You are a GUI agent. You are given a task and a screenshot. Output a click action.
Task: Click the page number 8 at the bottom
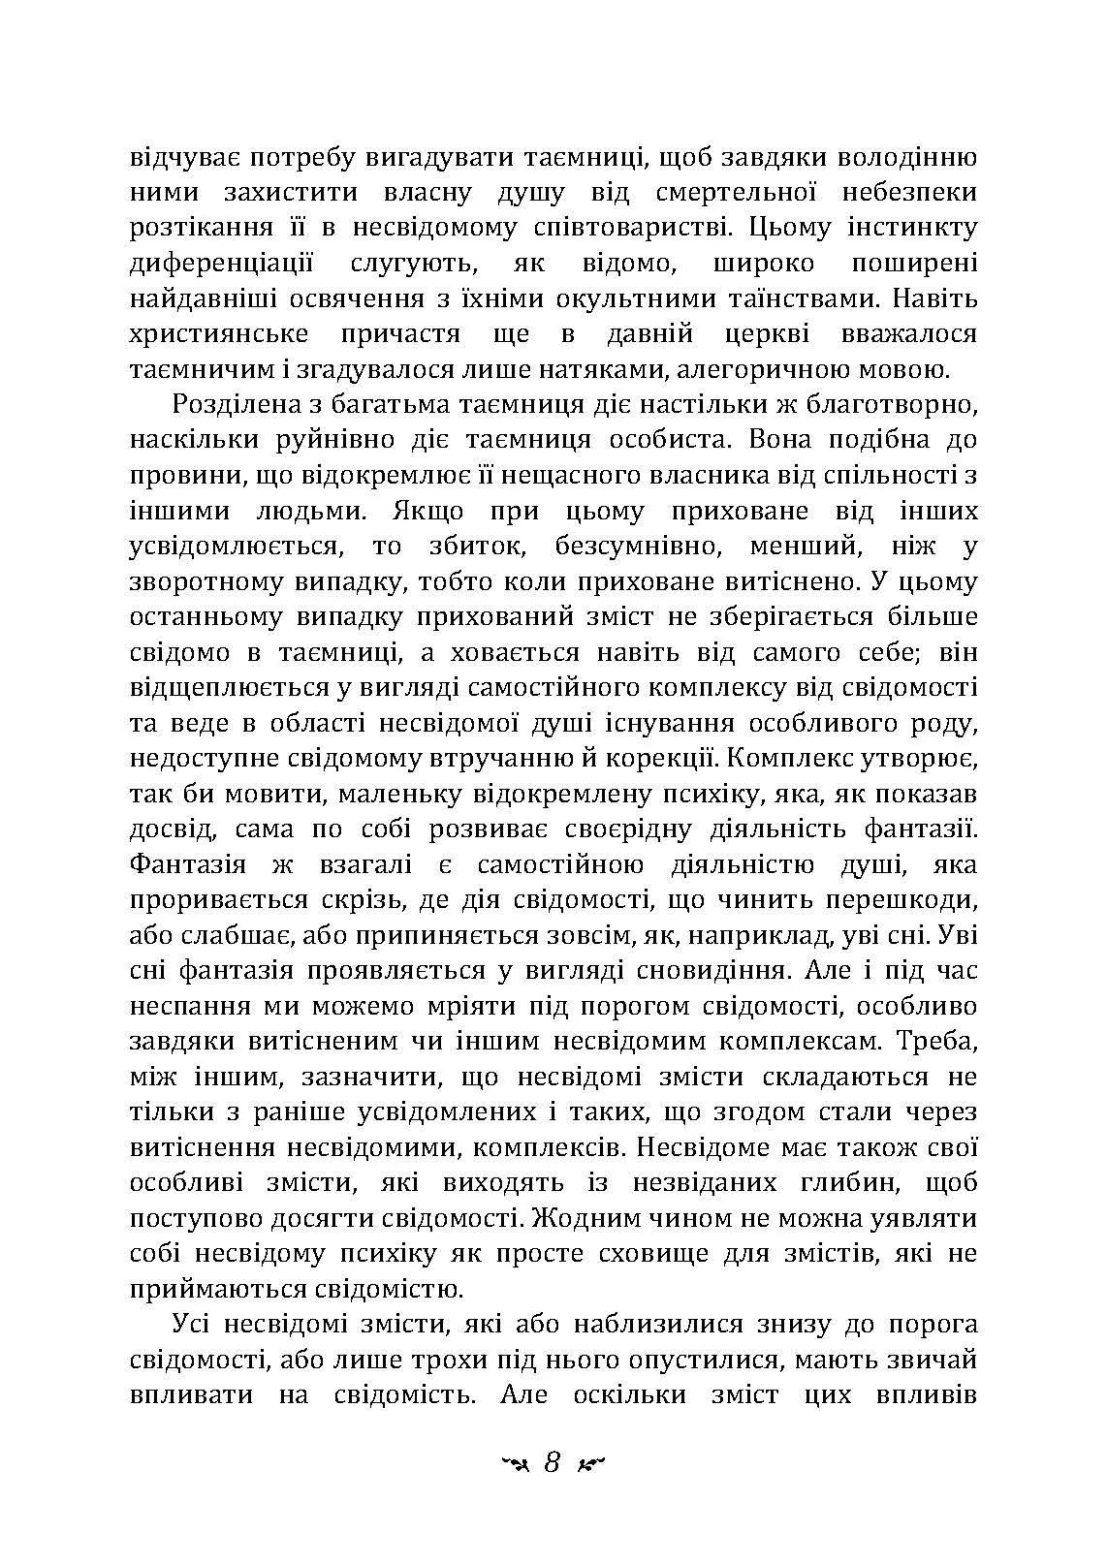553,1462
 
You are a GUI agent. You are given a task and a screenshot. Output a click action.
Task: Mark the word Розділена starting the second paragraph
227,405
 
